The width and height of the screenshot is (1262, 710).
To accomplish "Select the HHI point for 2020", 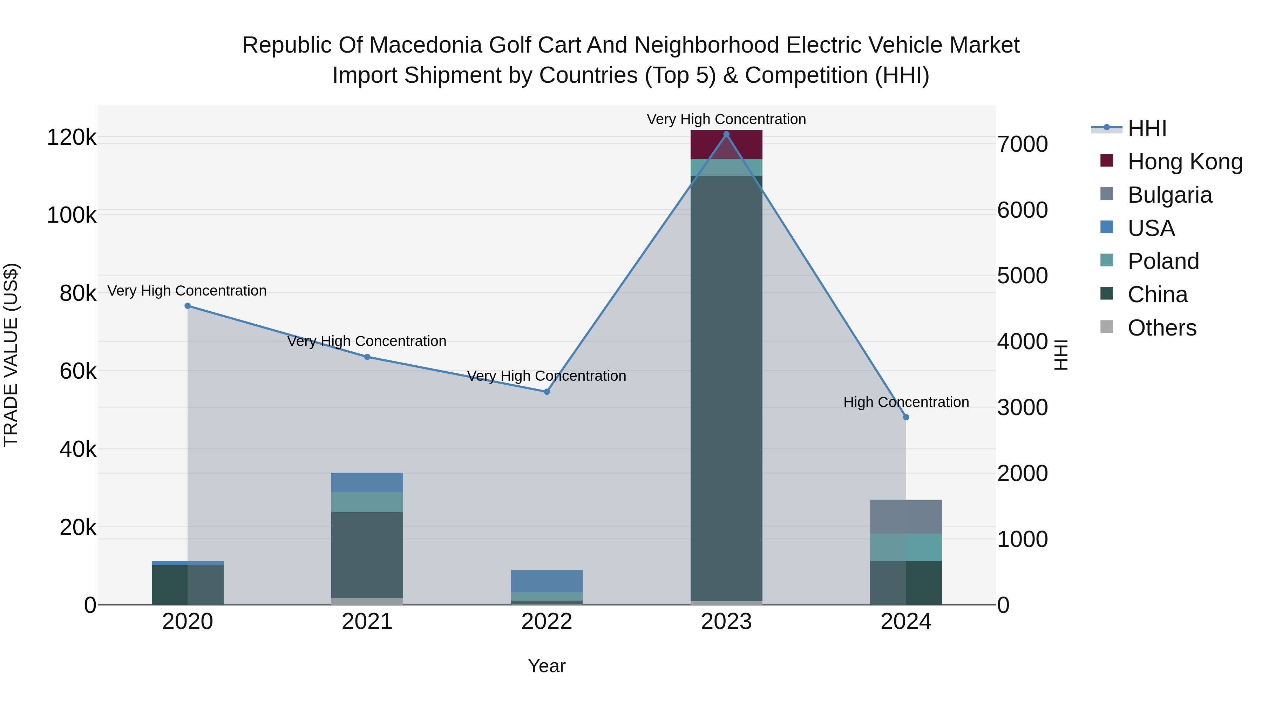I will point(188,306).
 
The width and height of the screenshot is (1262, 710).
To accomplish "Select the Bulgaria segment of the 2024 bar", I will point(906,516).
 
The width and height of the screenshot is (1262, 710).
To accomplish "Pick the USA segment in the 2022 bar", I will point(547,581).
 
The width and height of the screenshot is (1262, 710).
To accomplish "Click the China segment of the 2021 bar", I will point(367,555).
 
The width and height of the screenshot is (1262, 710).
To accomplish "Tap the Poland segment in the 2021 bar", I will point(367,502).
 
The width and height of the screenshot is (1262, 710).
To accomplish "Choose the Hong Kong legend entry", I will point(1185,162).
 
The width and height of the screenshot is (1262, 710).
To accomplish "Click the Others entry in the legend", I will point(1162,328).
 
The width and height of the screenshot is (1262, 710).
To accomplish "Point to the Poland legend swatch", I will point(1107,261).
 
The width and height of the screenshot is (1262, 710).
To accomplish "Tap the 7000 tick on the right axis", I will point(1023,144).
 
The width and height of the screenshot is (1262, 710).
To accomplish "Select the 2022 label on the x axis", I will point(547,622).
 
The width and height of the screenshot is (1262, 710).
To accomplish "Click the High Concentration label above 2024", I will point(906,402).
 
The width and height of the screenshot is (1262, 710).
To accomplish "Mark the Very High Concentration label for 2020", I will point(187,291).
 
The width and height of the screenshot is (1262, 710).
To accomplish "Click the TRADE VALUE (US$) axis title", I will point(11,355).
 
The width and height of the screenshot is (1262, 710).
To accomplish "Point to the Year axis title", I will point(547,666).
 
